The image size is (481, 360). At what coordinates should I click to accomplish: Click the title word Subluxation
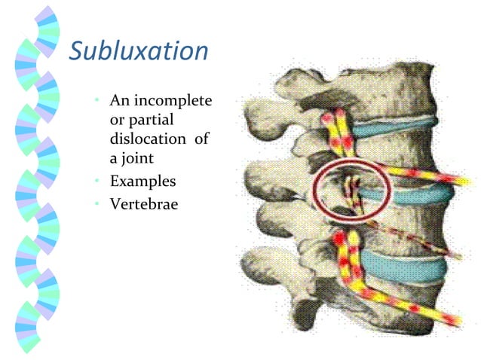(x=139, y=50)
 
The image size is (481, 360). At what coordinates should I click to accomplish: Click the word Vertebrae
(x=144, y=203)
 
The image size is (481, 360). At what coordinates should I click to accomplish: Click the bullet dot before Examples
(x=98, y=182)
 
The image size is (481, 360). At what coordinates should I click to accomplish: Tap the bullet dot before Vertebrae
(x=98, y=203)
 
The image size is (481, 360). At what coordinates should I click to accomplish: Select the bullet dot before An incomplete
(x=98, y=101)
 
